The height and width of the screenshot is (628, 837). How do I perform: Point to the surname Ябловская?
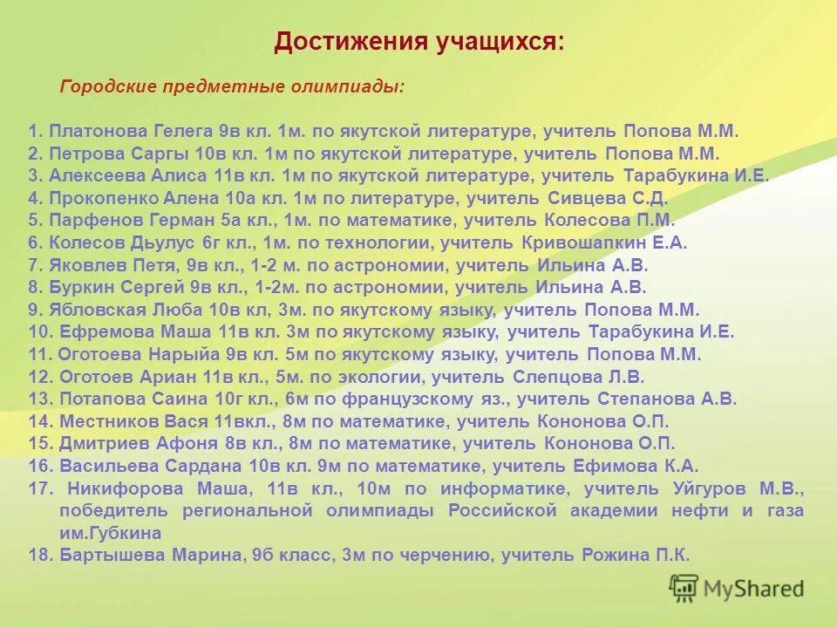pos(95,310)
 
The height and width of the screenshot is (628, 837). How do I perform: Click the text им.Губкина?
pos(110,532)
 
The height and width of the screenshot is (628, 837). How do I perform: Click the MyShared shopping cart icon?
pos(684,589)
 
